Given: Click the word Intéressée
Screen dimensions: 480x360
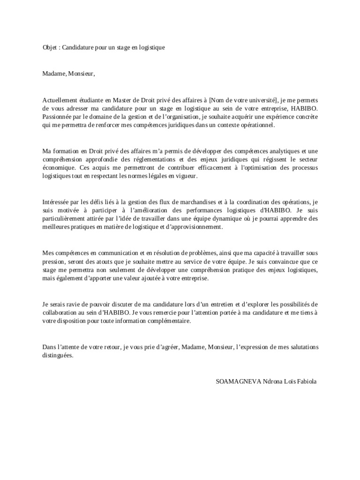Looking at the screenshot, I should point(57,202).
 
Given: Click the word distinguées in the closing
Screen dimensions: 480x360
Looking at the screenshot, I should point(57,356).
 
